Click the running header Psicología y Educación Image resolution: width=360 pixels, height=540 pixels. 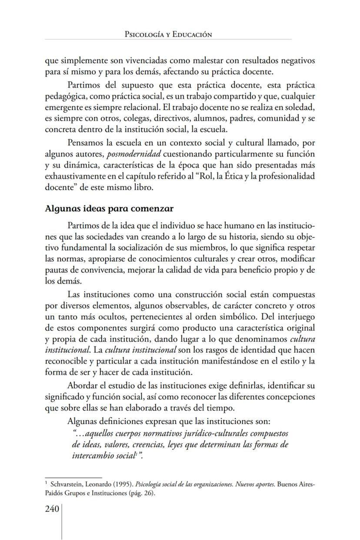[168, 34]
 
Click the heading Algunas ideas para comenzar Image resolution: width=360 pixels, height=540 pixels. [109, 208]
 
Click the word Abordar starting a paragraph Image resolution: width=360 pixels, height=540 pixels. [83, 385]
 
